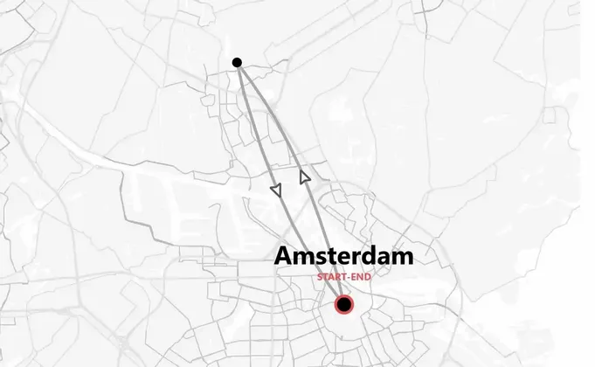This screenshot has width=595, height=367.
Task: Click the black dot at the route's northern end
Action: (x=237, y=62)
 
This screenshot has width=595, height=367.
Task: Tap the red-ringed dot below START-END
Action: (x=344, y=304)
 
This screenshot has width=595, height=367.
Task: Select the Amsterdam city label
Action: (x=344, y=256)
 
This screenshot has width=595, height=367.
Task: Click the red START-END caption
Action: (x=344, y=277)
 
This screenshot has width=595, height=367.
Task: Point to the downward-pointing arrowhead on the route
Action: (x=277, y=189)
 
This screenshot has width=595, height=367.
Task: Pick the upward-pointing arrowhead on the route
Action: (x=304, y=177)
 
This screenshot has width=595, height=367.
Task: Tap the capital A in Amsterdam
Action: (x=285, y=256)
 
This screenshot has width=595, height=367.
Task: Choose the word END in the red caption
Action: (x=363, y=277)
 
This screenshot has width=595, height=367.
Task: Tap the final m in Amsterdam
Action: (x=404, y=257)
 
